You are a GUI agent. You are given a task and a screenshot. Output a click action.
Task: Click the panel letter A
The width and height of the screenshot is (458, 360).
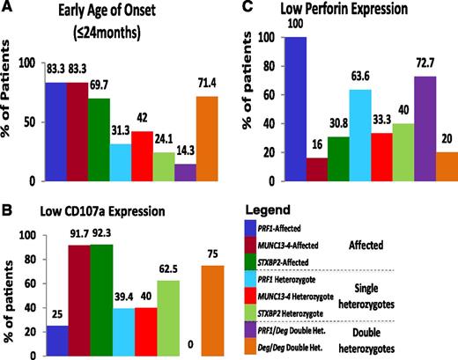(x=11, y=10)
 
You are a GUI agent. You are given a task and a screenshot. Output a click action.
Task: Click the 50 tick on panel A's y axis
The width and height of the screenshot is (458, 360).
(x=32, y=122)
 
